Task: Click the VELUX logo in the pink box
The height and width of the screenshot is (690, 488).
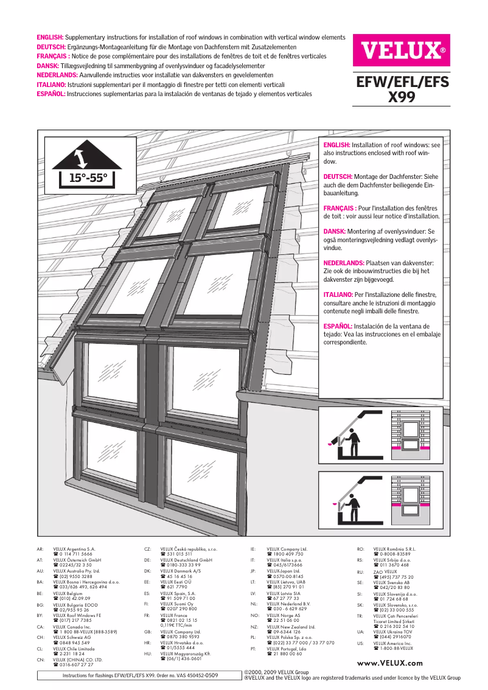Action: pyautogui.click(x=402, y=50)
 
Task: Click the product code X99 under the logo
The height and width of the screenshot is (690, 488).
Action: pyautogui.click(x=402, y=96)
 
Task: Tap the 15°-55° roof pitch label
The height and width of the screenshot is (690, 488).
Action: pyautogui.click(x=88, y=178)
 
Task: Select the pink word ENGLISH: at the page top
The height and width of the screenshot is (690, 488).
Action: pyautogui.click(x=51, y=38)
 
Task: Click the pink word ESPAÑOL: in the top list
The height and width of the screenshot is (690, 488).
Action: pyautogui.click(x=51, y=94)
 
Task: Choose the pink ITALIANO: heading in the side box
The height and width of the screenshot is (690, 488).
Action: pyautogui.click(x=338, y=294)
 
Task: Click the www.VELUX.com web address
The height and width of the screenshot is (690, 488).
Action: pyautogui.click(x=390, y=663)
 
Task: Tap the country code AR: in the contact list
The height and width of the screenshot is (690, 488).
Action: pyautogui.click(x=40, y=549)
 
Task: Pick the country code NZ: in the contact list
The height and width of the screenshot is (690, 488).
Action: pyautogui.click(x=254, y=627)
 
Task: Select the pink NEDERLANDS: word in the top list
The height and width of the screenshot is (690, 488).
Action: pyautogui.click(x=57, y=75)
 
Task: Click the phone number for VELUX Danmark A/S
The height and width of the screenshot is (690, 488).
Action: pyautogui.click(x=176, y=577)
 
